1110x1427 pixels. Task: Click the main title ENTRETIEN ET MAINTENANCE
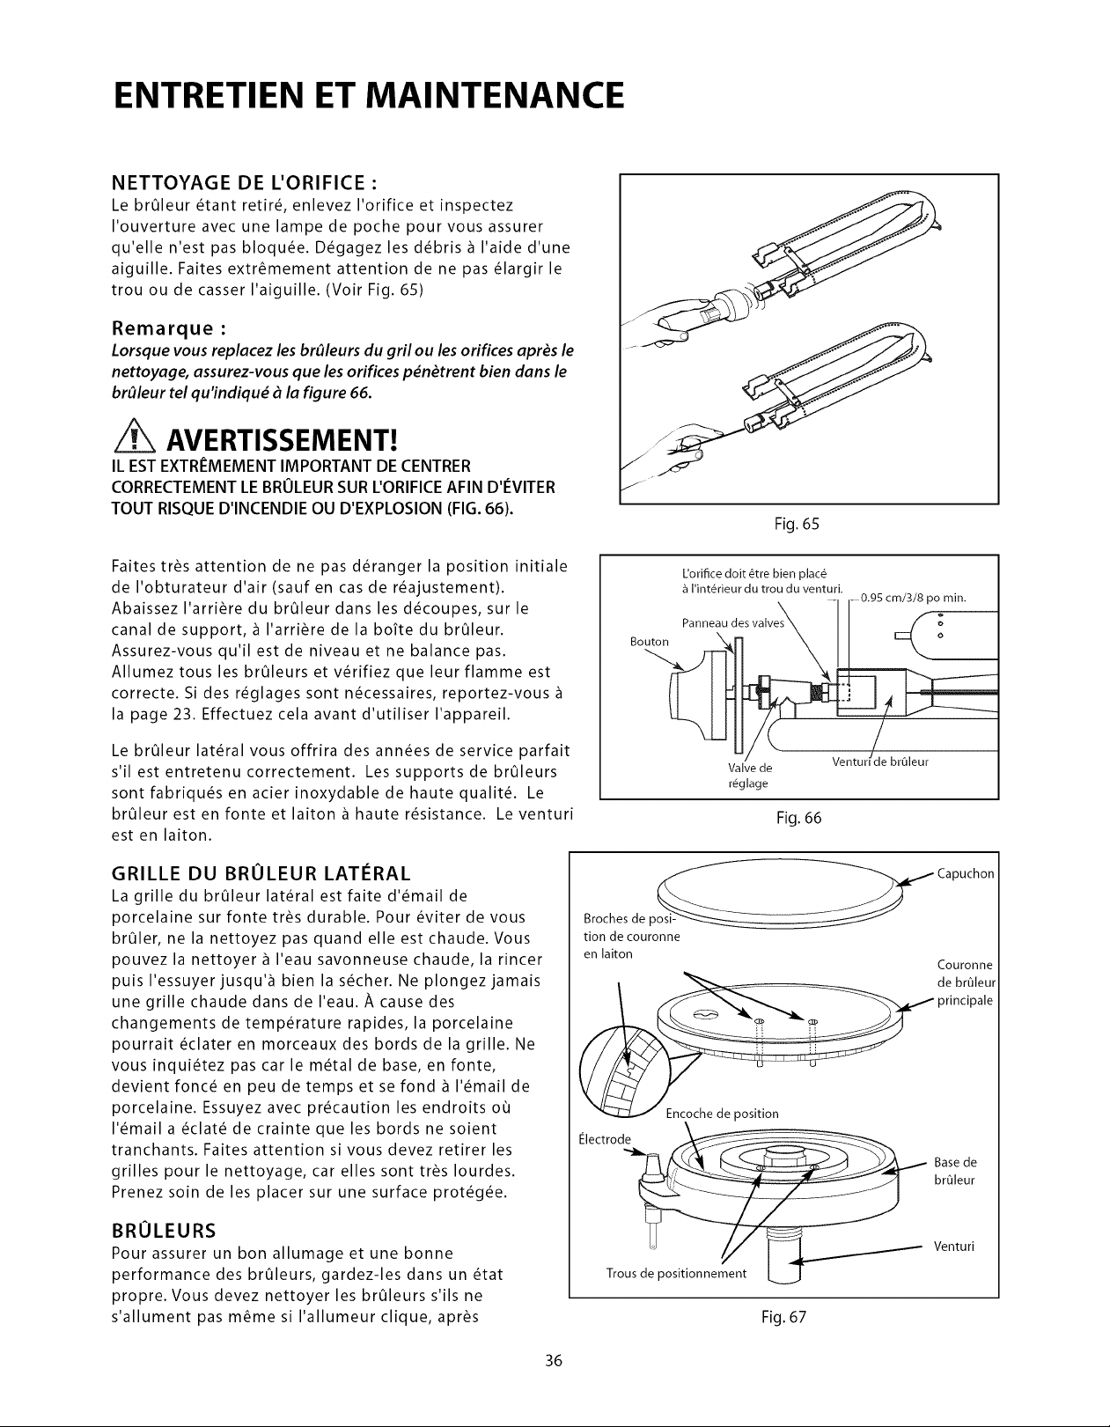(x=368, y=96)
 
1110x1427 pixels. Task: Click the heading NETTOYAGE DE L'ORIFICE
(x=243, y=182)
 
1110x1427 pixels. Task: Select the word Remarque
(x=169, y=328)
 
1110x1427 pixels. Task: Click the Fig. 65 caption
(x=797, y=524)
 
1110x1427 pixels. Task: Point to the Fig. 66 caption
(x=798, y=818)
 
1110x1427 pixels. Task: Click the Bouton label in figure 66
(x=650, y=642)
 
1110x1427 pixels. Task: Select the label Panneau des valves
(x=732, y=623)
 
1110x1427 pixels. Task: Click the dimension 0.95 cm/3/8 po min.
(x=913, y=598)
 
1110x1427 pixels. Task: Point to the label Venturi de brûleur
(x=879, y=761)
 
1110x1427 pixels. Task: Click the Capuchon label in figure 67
(x=966, y=873)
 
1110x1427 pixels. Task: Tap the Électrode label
(x=605, y=1139)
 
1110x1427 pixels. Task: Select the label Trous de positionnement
(x=676, y=1273)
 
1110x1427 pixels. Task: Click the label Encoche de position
(x=722, y=1114)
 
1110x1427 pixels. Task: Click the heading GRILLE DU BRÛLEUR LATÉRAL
(x=261, y=872)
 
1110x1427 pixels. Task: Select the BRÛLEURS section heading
(x=164, y=1229)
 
